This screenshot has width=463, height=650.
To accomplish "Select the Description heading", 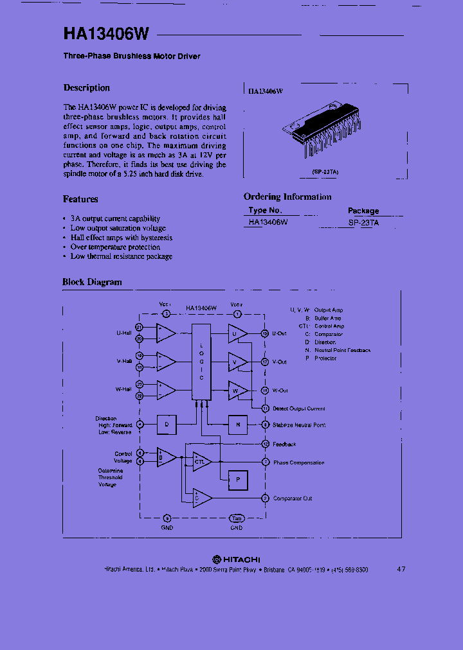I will coord(86,88).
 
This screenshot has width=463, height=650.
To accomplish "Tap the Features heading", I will coord(80,199).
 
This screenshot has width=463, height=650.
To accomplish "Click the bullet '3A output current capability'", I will coord(115,219).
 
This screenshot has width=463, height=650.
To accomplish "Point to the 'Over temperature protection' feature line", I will coord(115,247).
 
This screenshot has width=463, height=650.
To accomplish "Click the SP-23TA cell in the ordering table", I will coord(363,222).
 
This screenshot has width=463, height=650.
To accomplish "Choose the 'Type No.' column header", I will coord(265,211).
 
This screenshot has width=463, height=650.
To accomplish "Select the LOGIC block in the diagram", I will coord(201,362).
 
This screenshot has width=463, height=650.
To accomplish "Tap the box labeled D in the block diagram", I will coord(167,424).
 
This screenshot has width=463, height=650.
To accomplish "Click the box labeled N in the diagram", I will coord(237,424).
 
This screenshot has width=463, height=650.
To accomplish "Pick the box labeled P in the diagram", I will coord(238,479).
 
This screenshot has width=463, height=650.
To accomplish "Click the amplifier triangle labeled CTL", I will coord(200,461).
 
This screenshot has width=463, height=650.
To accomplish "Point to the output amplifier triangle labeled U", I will coord(237,333).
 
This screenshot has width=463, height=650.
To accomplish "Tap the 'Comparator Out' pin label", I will coord(293,498).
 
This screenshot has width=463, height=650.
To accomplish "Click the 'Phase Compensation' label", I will coord(298,462).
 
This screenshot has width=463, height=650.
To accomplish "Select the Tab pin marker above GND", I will coord(237,518).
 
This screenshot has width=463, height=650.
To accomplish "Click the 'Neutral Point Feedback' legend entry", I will coord(342,351).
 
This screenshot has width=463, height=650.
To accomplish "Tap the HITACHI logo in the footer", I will coord(237,559).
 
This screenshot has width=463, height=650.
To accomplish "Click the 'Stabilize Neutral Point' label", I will coord(298,425).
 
